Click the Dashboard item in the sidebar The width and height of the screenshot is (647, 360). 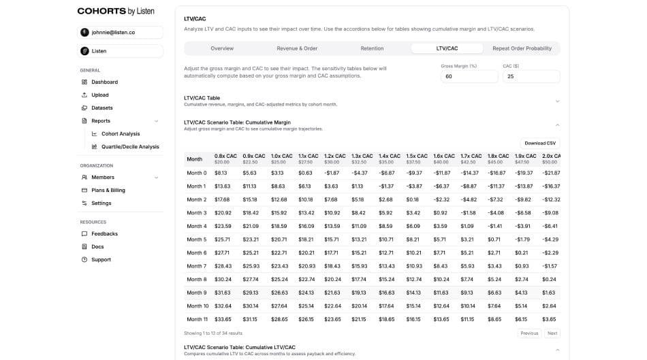104,82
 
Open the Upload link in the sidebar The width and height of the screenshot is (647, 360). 99,95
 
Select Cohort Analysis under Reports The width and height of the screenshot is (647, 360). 120,133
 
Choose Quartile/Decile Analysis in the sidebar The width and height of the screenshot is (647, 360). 129,146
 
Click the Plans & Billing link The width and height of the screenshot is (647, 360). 108,190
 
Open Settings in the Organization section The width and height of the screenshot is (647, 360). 101,203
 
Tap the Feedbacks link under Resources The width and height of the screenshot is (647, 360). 104,233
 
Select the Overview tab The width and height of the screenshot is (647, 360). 222,48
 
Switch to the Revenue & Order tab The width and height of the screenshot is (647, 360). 297,48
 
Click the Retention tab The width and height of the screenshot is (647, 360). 372,48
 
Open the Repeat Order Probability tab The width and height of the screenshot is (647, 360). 522,48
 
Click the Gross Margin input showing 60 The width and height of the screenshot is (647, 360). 469,77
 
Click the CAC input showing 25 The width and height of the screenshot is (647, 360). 531,77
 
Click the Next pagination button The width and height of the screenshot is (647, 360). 552,333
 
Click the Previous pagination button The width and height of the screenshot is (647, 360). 529,333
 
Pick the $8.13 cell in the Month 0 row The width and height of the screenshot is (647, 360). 221,173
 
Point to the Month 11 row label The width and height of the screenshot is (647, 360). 197,319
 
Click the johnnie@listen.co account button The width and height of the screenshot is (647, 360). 121,32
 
